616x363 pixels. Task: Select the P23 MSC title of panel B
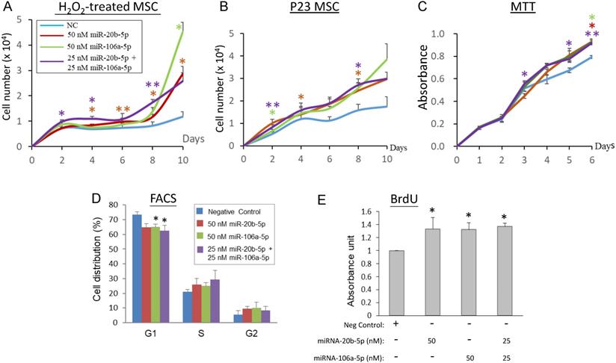[x=322, y=8]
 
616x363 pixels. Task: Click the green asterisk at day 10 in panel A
[x=179, y=28]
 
